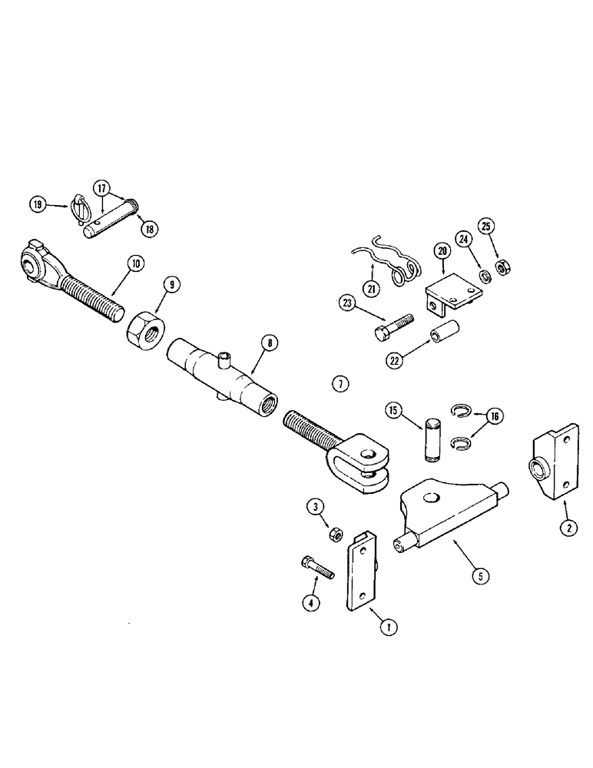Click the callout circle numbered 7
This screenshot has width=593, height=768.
[340, 383]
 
